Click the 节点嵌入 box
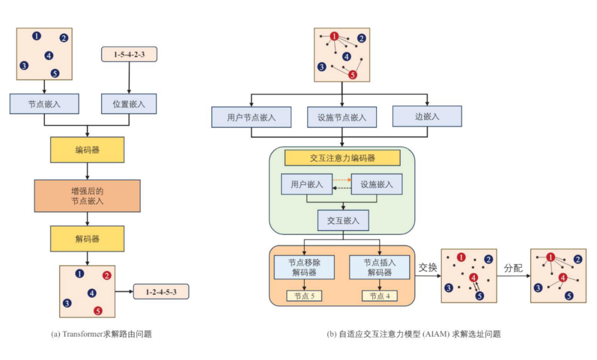[44, 103]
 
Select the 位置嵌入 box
[129, 103]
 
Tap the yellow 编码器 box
[87, 149]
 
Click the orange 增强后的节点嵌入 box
[87, 196]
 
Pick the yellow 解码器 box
[87, 239]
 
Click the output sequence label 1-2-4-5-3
[161, 291]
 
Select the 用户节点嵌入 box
[252, 117]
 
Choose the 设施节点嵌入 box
[342, 117]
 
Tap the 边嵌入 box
[427, 116]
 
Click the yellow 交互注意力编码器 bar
[342, 158]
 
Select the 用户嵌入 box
[307, 184]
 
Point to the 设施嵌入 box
[377, 184]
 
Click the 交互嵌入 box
[343, 220]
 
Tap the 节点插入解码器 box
[379, 267]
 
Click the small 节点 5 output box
[304, 296]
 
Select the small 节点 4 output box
[379, 296]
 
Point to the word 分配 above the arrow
[513, 268]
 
